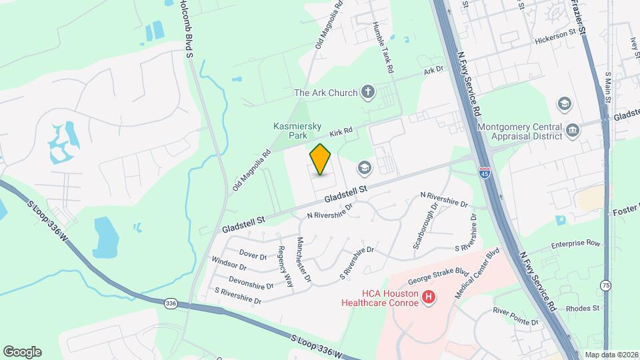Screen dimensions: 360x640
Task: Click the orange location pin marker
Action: (x=321, y=159)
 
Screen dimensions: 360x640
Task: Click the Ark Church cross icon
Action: (x=367, y=92)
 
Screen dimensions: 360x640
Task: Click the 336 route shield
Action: (x=171, y=303)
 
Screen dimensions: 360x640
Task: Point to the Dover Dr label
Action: (x=253, y=255)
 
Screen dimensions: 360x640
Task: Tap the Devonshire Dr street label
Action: (x=251, y=283)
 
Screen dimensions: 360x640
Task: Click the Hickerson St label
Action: (x=555, y=36)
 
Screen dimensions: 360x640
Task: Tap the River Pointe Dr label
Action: (x=515, y=316)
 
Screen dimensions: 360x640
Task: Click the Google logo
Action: (x=22, y=352)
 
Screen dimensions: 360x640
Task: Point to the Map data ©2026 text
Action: (x=611, y=355)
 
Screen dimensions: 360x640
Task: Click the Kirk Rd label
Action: (x=340, y=133)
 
